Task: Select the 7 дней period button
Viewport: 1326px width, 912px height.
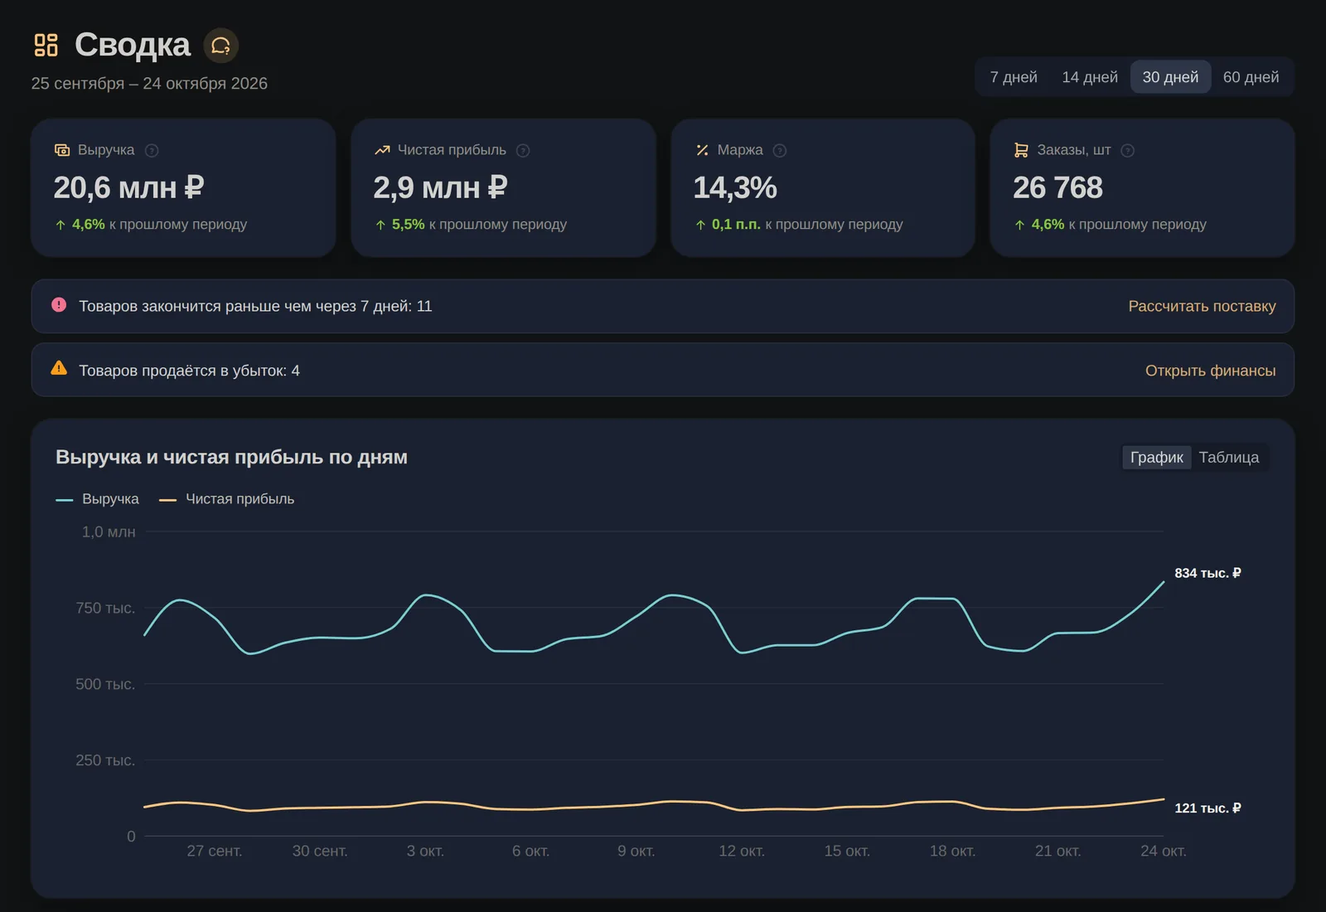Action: click(x=1013, y=77)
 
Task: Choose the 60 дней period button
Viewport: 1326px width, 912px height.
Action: click(x=1251, y=77)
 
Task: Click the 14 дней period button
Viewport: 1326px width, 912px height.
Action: click(x=1089, y=77)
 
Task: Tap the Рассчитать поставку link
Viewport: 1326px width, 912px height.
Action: click(x=1202, y=306)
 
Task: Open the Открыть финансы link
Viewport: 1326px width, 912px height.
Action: click(x=1210, y=370)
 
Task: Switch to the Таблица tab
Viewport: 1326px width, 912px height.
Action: click(x=1229, y=457)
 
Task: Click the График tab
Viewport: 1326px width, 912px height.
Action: click(x=1157, y=457)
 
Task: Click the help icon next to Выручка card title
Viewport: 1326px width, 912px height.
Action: click(x=152, y=150)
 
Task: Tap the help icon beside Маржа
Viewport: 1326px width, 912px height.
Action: click(x=780, y=150)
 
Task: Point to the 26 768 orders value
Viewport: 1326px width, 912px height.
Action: click(x=1057, y=187)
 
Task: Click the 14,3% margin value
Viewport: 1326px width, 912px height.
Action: click(x=734, y=187)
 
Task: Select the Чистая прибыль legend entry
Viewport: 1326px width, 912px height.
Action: click(x=227, y=498)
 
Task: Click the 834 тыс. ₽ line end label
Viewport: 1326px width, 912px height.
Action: click(x=1207, y=573)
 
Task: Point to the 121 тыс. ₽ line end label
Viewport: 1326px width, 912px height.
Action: click(x=1207, y=808)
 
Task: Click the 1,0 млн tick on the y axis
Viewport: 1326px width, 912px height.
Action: click(x=109, y=531)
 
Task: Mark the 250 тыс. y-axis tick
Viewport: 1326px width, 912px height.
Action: click(x=105, y=759)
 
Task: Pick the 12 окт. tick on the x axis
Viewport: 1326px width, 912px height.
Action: click(x=742, y=851)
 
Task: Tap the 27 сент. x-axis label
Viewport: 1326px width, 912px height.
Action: click(x=215, y=851)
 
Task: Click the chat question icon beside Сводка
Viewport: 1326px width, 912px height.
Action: click(x=220, y=46)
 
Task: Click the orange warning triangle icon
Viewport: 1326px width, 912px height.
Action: click(x=59, y=368)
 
